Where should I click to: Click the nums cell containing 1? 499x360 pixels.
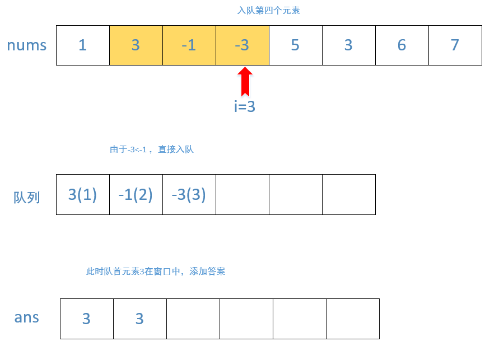click(83, 45)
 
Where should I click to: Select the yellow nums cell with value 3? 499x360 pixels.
click(136, 45)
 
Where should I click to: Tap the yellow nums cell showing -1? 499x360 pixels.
click(189, 45)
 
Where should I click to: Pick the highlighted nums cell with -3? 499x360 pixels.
click(242, 45)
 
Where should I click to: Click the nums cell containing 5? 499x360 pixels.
click(296, 45)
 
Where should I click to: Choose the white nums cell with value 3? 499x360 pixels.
click(348, 45)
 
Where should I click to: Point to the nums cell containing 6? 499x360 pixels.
click(402, 45)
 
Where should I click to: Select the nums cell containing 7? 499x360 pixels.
click(455, 45)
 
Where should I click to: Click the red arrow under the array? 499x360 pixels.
click(245, 82)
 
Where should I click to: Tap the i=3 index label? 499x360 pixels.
click(245, 107)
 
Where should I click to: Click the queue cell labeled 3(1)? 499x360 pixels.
click(83, 195)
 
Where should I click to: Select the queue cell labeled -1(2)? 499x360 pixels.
click(136, 195)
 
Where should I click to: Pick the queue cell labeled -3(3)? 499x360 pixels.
click(189, 195)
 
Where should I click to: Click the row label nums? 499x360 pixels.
click(27, 45)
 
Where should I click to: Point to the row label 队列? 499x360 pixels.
click(27, 197)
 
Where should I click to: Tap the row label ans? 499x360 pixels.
click(27, 317)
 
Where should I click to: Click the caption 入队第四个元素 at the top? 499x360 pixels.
click(269, 11)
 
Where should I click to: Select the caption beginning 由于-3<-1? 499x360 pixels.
click(152, 149)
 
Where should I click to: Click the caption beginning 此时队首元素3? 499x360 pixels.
click(156, 272)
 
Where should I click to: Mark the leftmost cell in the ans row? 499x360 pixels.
click(87, 319)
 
